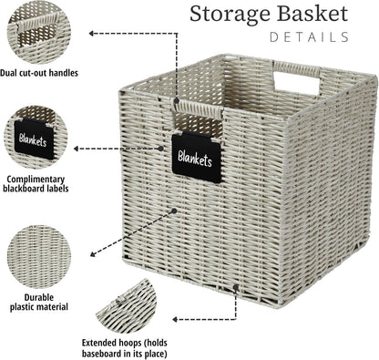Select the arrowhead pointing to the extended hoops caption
click(173, 319)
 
